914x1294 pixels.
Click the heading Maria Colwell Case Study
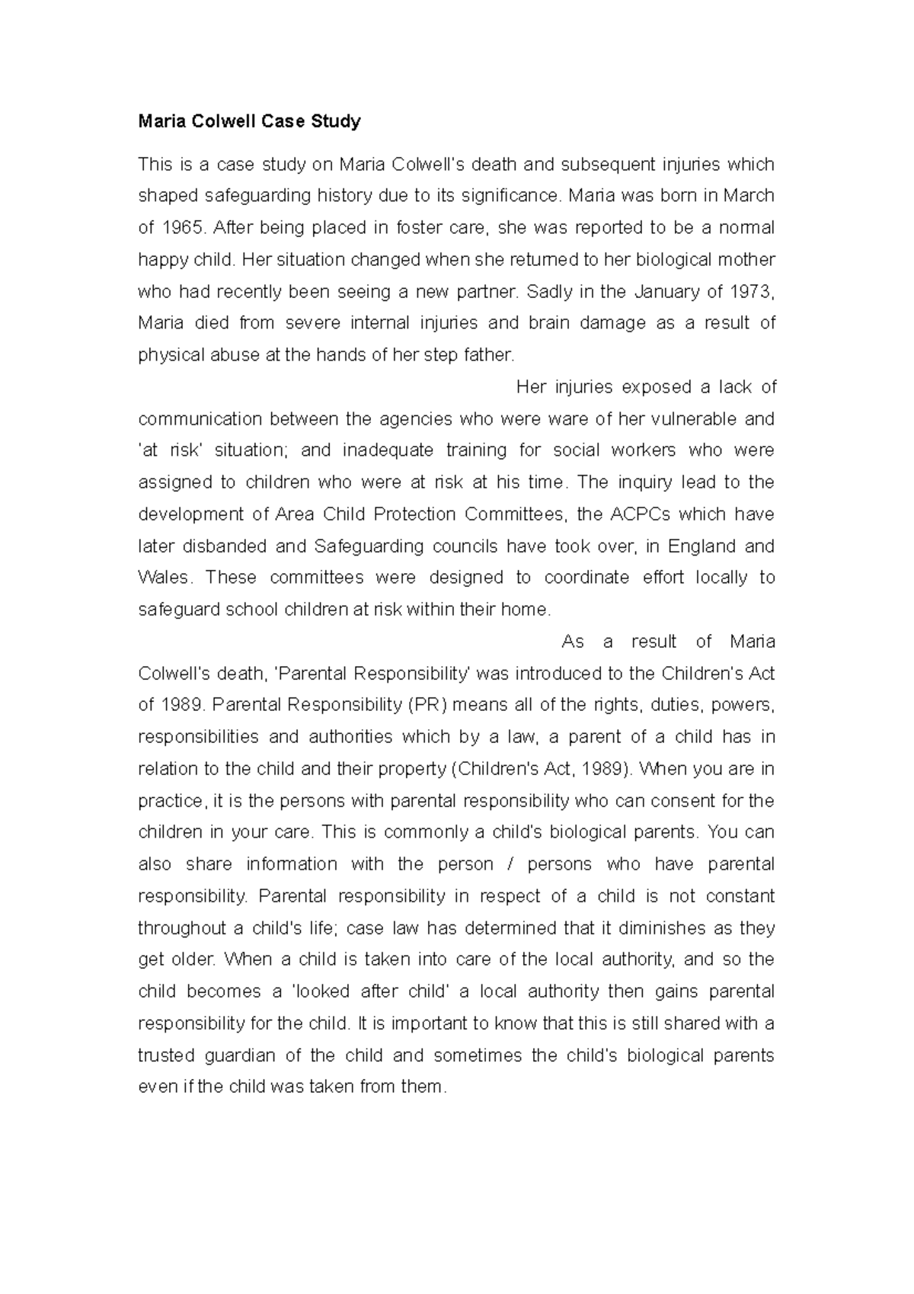pyautogui.click(x=249, y=121)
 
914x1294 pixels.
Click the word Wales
pyautogui.click(x=162, y=578)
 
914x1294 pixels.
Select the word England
pyautogui.click(x=700, y=546)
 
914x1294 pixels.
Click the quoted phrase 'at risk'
pyautogui.click(x=168, y=450)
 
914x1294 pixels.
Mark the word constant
pyautogui.click(x=740, y=896)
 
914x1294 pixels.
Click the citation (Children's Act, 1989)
pyautogui.click(x=542, y=769)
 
